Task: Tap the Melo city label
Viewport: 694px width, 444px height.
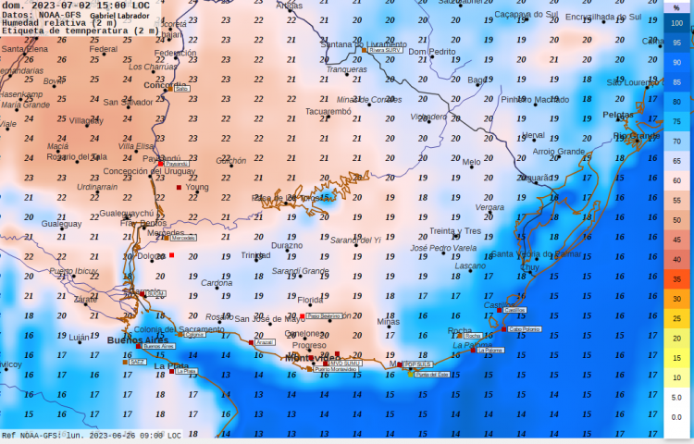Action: [x=472, y=162]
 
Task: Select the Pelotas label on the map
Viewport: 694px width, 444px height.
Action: [x=618, y=115]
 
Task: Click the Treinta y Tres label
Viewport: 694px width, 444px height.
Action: [x=455, y=231]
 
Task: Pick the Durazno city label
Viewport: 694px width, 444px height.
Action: [x=287, y=246]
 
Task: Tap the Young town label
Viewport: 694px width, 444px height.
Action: [x=197, y=187]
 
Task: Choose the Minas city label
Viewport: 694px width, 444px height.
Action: [x=389, y=322]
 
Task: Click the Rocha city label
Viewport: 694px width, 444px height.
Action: [x=460, y=330]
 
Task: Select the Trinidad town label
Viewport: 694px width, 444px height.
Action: [x=256, y=255]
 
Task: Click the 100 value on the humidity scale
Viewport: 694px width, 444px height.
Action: [x=676, y=22]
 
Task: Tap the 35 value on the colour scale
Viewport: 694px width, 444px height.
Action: [x=676, y=278]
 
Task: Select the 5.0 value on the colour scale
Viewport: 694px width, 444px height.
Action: [x=676, y=397]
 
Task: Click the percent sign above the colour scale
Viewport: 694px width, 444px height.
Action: [x=676, y=7]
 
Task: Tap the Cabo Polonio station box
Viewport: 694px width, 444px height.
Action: [x=525, y=328]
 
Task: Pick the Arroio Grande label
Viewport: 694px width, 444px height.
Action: [x=559, y=152]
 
